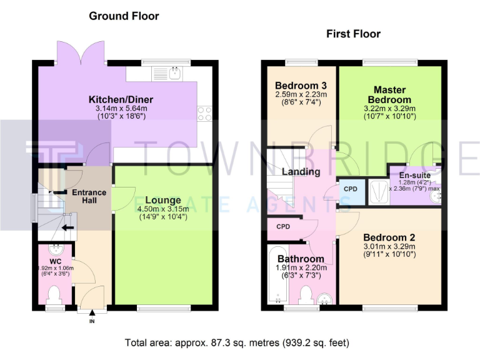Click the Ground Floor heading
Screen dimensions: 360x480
124,16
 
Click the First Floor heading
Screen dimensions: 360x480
353,34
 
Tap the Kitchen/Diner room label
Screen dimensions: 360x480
121,99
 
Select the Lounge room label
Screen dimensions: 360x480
164,201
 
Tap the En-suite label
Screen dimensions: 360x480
414,175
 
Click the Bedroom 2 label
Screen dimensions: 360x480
389,237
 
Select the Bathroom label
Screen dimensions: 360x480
301,259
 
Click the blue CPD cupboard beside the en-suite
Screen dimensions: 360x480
351,189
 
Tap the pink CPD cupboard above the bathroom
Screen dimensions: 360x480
282,227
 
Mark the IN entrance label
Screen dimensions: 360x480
91,321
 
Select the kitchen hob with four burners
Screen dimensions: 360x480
204,113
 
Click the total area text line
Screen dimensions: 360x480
237,343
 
